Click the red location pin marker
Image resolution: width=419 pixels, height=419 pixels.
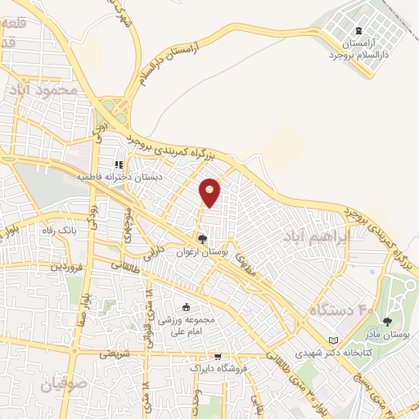(x=209, y=192)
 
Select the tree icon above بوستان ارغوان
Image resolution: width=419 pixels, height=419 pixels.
(x=201, y=239)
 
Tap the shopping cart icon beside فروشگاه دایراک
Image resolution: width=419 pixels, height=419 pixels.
(x=218, y=357)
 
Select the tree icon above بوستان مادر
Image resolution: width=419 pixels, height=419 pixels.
(x=387, y=322)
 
